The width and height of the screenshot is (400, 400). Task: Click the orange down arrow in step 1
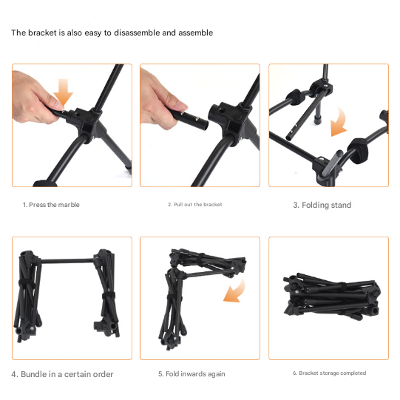[63, 92]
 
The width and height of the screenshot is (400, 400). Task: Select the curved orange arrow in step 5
[236, 291]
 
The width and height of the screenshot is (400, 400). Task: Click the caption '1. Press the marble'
[51, 205]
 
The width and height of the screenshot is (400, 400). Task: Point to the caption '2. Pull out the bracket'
[195, 205]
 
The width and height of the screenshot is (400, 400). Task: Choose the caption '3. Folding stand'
[322, 205]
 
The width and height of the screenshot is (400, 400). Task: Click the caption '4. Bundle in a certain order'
[62, 374]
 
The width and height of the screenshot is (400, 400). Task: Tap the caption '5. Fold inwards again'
[191, 374]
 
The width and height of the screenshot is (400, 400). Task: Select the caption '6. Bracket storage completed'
[329, 373]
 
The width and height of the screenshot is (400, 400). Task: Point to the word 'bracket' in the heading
[42, 33]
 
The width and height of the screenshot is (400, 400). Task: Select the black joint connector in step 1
[86, 123]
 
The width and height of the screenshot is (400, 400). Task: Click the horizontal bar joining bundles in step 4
[67, 261]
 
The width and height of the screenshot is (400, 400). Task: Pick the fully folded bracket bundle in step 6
[332, 296]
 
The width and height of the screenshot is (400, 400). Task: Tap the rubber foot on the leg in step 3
[317, 120]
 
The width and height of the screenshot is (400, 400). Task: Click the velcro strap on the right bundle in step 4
[109, 296]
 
